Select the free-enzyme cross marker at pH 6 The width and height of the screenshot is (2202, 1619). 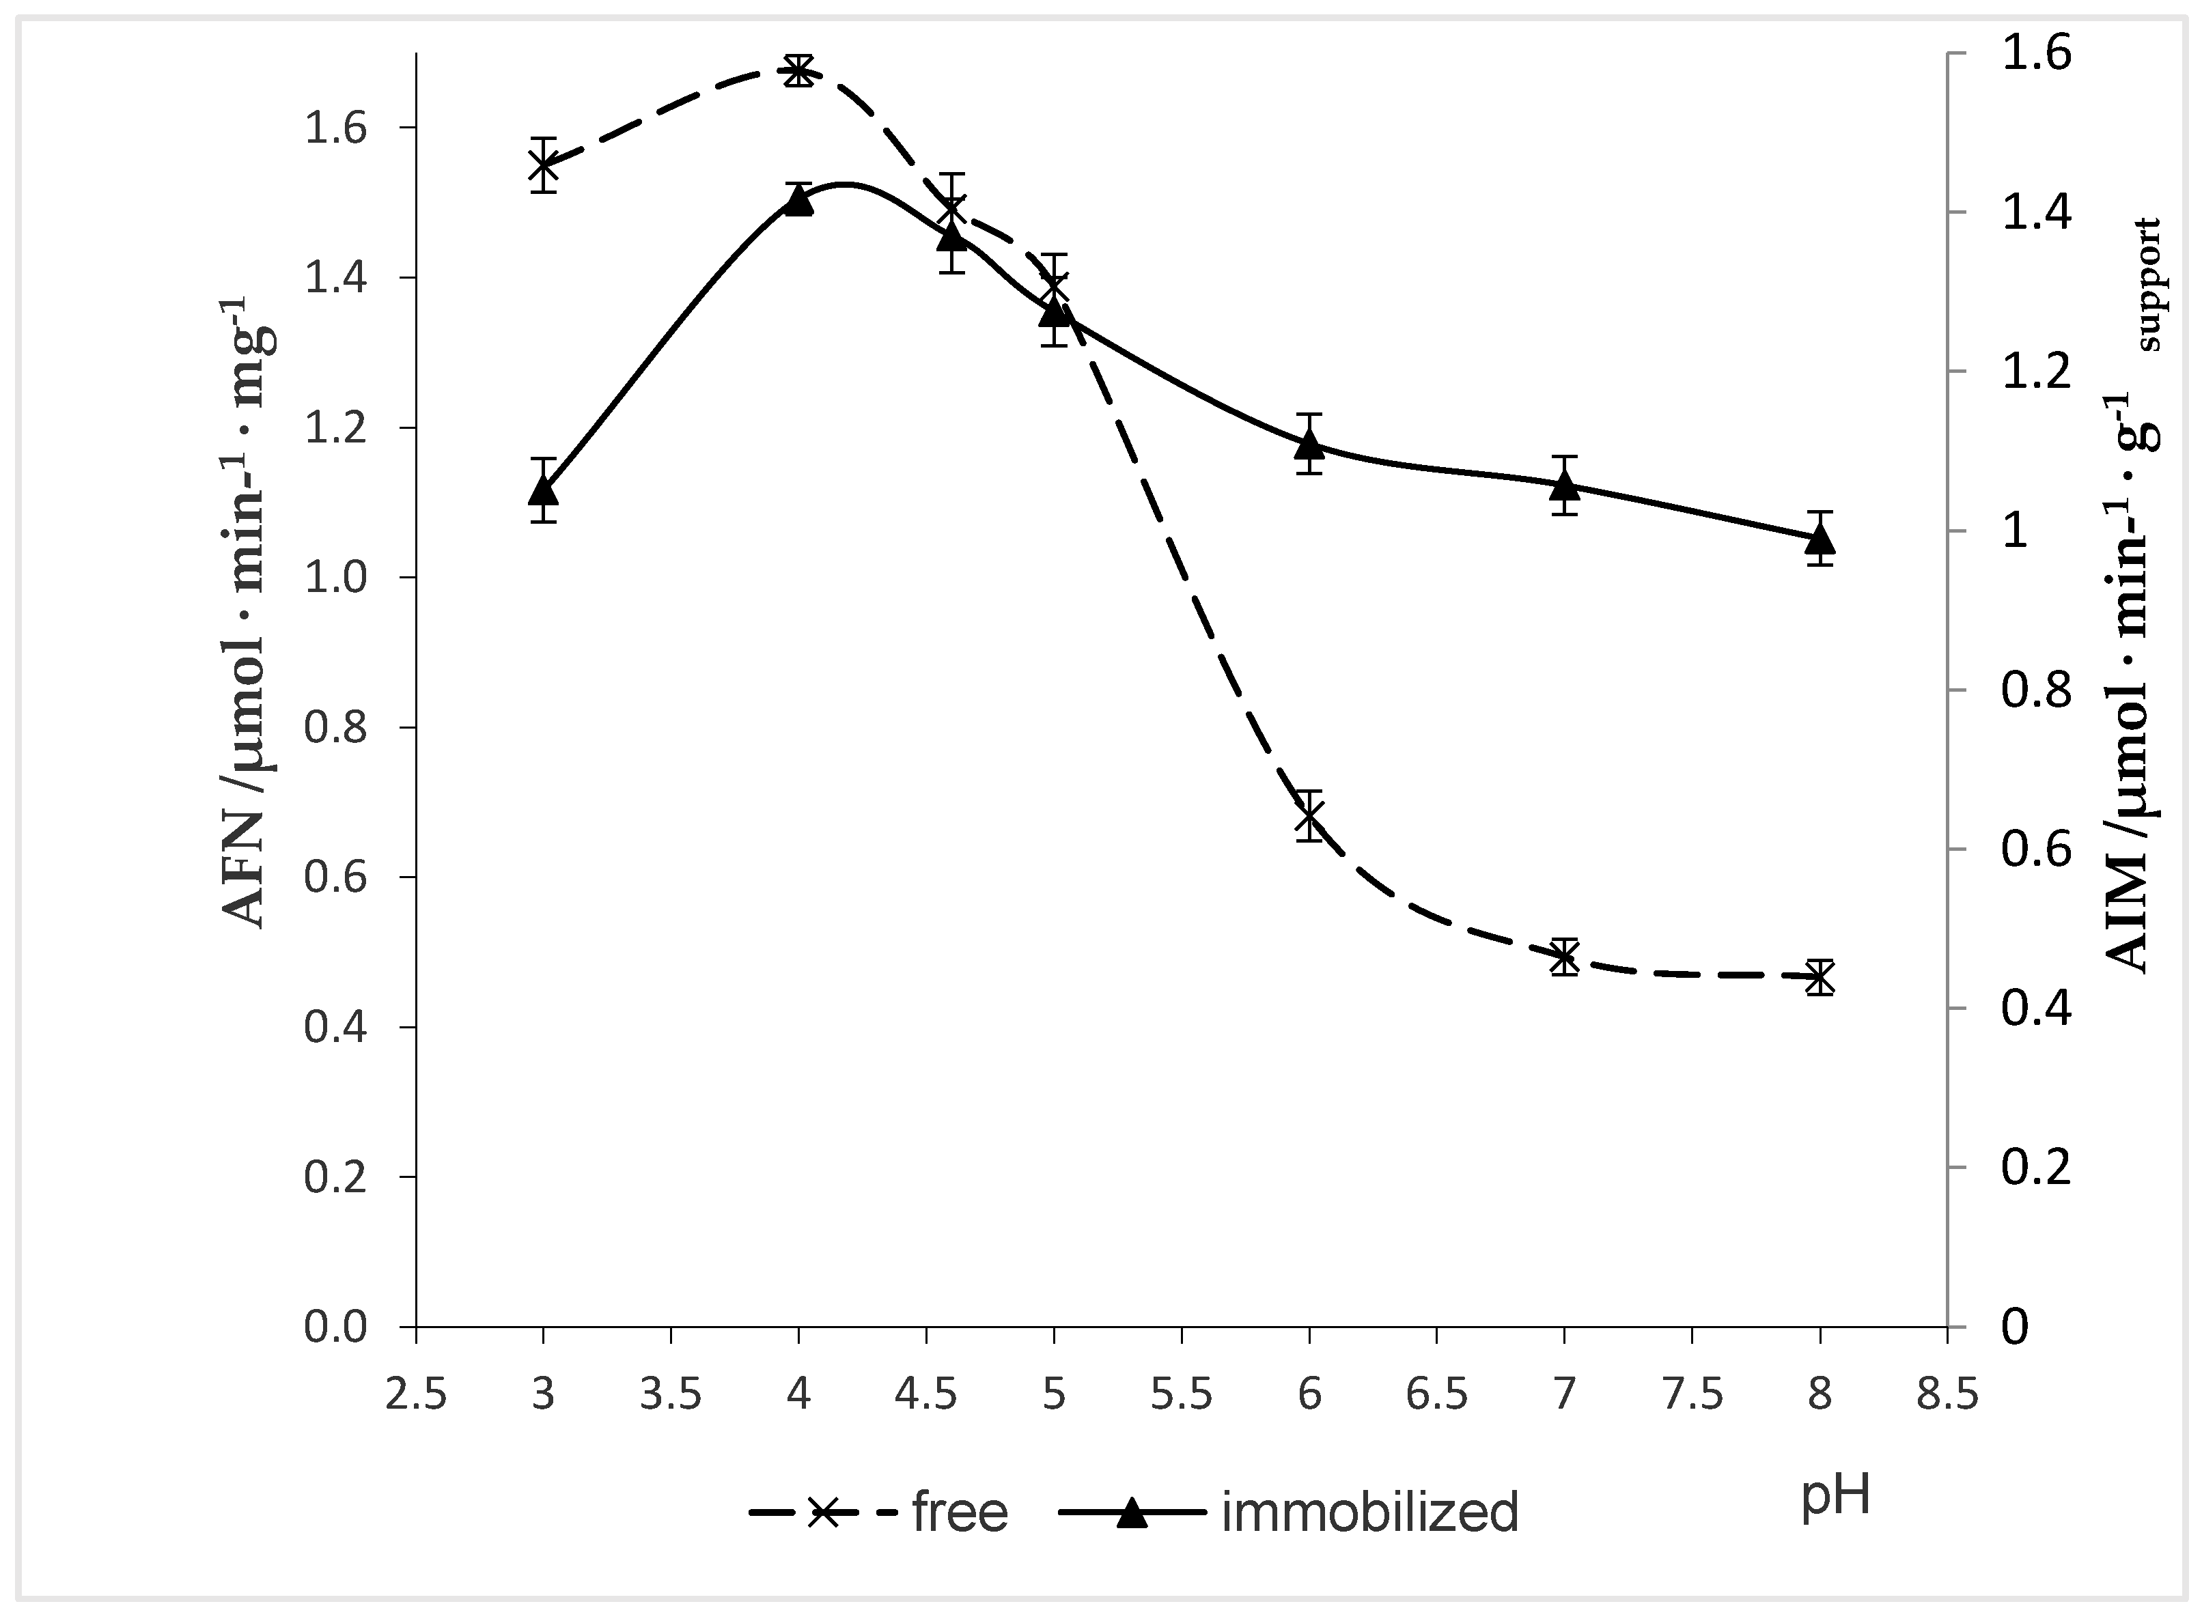point(1309,815)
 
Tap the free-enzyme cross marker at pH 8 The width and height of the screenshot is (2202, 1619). point(1820,977)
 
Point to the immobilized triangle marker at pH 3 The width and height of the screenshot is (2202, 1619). point(543,489)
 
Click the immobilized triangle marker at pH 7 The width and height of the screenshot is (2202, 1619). point(1565,484)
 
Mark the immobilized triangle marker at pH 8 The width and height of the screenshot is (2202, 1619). point(1820,538)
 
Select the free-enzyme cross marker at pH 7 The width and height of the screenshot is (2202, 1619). point(1565,957)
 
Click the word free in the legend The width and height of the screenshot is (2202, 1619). point(960,1512)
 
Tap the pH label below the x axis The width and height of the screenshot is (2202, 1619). point(1835,1497)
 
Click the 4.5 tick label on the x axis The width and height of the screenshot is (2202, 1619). point(926,1394)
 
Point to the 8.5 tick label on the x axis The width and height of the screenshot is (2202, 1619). point(1947,1394)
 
